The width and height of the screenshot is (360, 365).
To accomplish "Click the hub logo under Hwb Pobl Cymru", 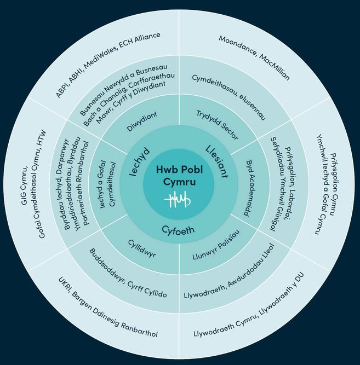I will point(180,201).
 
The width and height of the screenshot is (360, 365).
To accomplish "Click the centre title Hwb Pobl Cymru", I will point(180,176).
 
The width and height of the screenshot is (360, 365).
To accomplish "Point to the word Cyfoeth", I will point(178,230).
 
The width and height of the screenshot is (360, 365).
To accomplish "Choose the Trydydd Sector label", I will point(218,124).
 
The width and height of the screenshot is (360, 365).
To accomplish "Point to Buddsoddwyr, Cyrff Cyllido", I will point(128,274).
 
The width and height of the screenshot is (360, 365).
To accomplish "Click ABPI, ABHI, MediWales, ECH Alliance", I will point(108,65).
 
